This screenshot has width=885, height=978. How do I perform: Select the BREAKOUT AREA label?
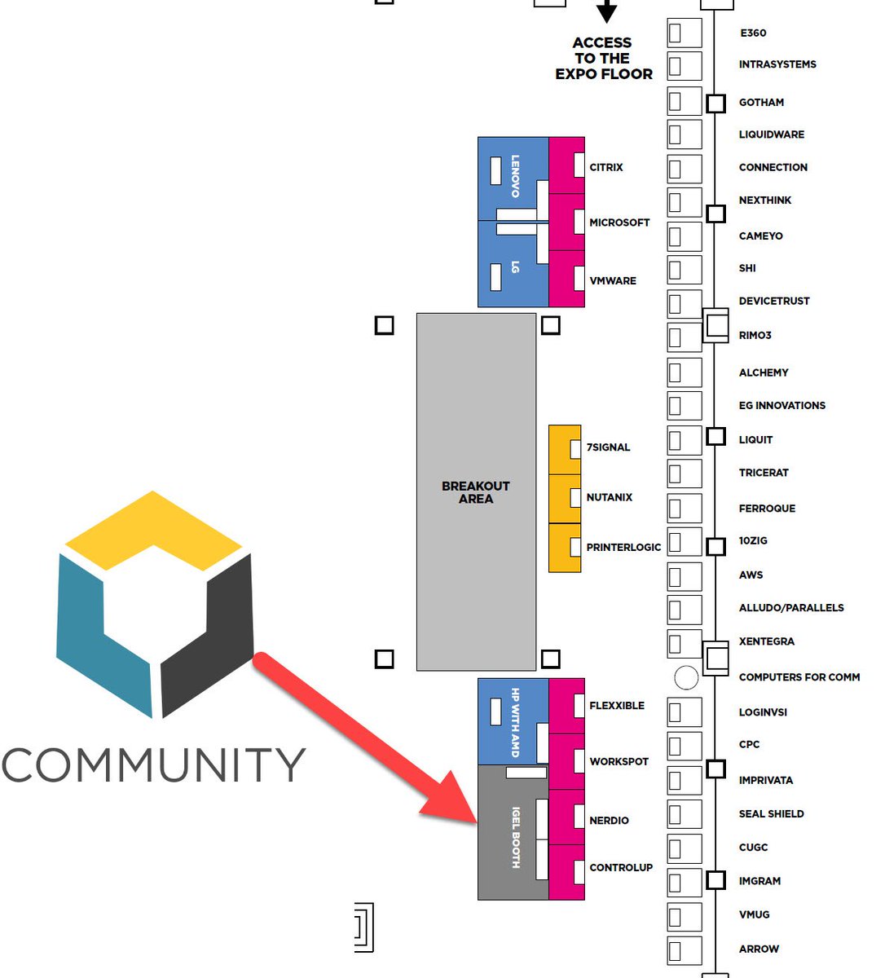476,492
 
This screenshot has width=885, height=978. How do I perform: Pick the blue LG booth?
513,265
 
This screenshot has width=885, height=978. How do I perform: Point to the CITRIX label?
606,167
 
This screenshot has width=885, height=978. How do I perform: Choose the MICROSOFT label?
619,222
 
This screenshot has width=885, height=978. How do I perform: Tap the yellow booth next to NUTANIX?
564,498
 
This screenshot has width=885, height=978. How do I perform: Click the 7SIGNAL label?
608,447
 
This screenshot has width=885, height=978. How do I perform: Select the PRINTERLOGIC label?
623,548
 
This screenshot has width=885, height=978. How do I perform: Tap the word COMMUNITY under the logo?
153,766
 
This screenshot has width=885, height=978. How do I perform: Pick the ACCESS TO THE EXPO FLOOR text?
604,59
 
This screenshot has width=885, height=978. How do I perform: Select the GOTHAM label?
761,103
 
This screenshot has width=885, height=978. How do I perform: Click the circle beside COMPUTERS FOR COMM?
687,676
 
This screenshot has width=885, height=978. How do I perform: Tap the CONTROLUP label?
621,868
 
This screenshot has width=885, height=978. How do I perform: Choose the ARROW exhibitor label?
759,949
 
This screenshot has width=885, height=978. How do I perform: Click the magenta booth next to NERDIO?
566,817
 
